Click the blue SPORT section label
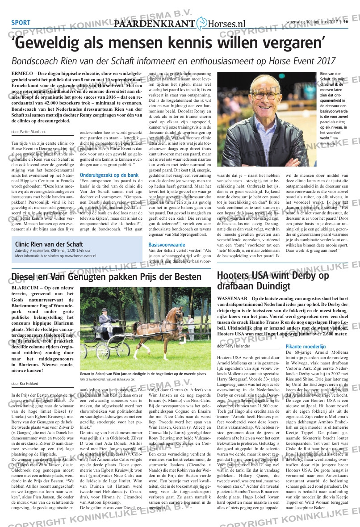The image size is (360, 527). [x=21, y=23]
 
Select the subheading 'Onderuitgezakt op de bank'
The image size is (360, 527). [x=109, y=175]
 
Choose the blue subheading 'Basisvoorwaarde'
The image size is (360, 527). [x=167, y=245]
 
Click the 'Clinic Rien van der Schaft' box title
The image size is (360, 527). [x=49, y=244]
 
